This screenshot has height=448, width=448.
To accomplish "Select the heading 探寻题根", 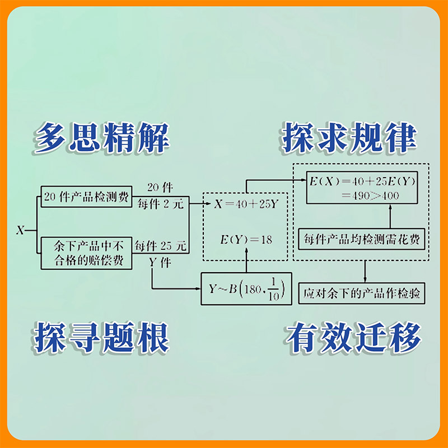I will click(101, 337).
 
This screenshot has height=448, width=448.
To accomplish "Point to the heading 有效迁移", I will click(353, 337).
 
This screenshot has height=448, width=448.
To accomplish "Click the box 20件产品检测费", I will click(86, 198).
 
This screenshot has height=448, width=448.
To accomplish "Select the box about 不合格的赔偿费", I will click(86, 253).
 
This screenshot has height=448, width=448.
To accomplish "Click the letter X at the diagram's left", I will click(20, 230).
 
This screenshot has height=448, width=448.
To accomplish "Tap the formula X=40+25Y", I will click(246, 204).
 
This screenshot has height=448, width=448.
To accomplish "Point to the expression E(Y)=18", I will click(246, 240).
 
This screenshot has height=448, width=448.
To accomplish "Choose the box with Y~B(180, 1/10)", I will click(247, 289).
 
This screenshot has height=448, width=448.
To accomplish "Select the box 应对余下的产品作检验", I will click(362, 292).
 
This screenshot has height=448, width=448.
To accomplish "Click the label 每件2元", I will click(161, 204).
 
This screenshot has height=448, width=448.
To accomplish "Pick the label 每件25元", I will click(161, 245).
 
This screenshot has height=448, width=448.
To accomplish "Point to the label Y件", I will click(160, 261).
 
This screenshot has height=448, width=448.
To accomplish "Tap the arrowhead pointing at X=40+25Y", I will click(208, 204).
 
